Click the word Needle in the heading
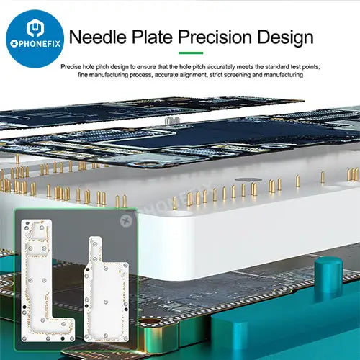(98, 37)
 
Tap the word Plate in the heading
(153, 37)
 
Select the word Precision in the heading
(215, 37)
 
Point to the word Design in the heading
(285, 37)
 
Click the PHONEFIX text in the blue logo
(35, 44)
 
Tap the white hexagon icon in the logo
(35, 27)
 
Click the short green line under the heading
(191, 53)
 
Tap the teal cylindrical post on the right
(328, 275)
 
